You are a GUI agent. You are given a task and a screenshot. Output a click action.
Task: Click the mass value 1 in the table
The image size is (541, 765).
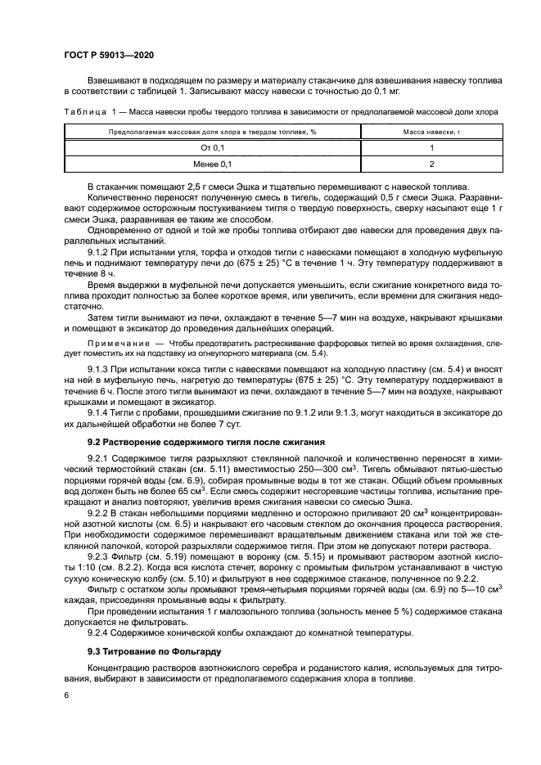431,147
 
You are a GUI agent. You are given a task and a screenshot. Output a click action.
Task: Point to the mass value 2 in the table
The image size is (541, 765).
431,164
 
